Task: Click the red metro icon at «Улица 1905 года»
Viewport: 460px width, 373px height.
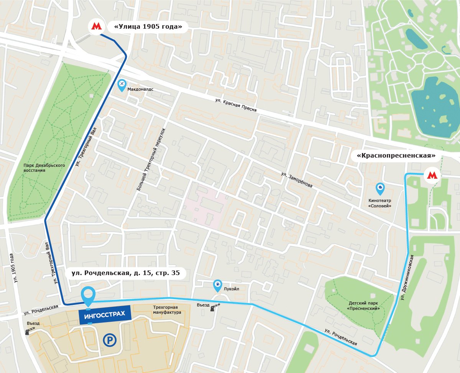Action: tap(95, 26)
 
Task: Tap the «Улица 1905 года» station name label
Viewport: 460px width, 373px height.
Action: tap(148, 26)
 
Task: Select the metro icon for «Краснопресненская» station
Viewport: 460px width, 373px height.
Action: tap(432, 176)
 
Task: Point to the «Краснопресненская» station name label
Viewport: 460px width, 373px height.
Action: tap(396, 156)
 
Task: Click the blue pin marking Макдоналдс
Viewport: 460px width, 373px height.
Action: tap(122, 85)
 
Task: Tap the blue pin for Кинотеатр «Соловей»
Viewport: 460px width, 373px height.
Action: tap(380, 188)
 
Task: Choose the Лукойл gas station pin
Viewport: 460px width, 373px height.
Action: tap(217, 285)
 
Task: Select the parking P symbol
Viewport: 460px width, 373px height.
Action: tap(110, 340)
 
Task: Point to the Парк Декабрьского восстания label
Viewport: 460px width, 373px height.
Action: tap(44, 168)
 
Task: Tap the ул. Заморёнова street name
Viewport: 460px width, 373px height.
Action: tap(296, 179)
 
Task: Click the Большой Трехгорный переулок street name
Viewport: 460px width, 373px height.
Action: tap(150, 159)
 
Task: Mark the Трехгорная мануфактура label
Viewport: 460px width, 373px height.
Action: tap(167, 309)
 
